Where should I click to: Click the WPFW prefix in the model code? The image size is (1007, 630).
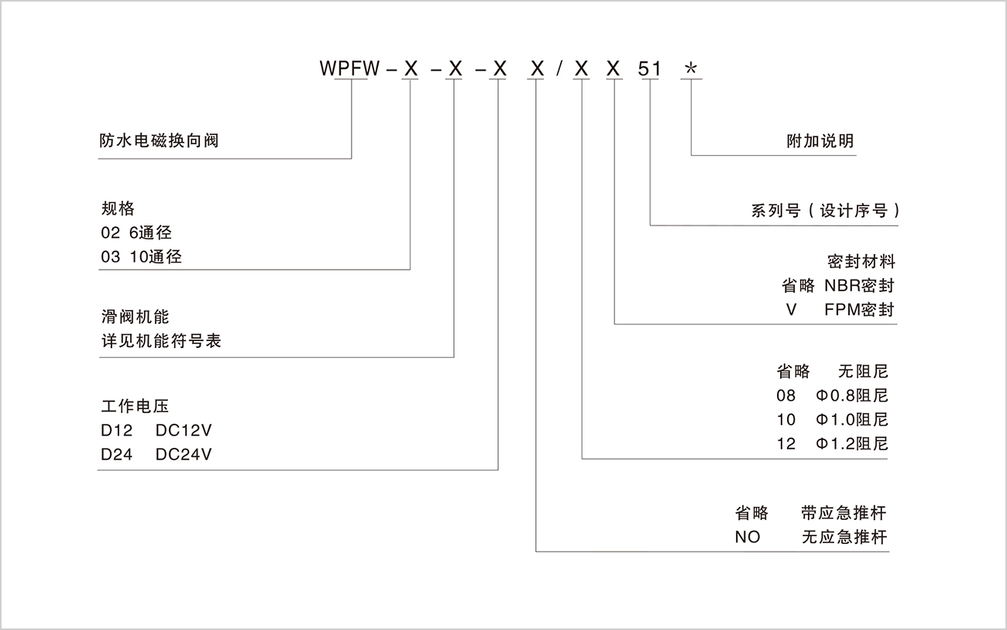coord(350,68)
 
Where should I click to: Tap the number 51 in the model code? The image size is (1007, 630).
coord(650,68)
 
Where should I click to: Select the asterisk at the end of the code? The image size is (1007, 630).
coord(691,69)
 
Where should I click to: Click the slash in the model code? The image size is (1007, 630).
coord(558,68)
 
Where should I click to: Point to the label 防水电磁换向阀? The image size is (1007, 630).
coord(159,141)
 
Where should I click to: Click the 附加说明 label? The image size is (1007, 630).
coord(820,141)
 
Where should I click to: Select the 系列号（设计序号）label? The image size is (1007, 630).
coord(826,211)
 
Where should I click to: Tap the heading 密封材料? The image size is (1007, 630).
coord(861,261)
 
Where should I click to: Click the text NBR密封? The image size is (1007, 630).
coord(860,285)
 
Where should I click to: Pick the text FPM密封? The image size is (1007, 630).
coord(860,310)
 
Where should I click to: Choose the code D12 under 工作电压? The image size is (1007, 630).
coord(116,430)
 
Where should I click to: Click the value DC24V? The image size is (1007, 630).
coord(184,455)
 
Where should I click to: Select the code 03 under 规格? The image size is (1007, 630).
coord(111,256)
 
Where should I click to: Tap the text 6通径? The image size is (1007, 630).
coord(150,232)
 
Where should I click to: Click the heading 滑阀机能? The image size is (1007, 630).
coord(135,317)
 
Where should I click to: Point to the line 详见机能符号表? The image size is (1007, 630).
coord(161,341)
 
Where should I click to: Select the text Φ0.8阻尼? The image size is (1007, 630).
coord(852,396)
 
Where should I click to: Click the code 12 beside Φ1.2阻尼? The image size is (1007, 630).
coord(786,444)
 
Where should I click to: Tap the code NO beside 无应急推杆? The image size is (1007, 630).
coord(748,537)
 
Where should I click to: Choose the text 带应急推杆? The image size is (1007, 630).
coord(844,513)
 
